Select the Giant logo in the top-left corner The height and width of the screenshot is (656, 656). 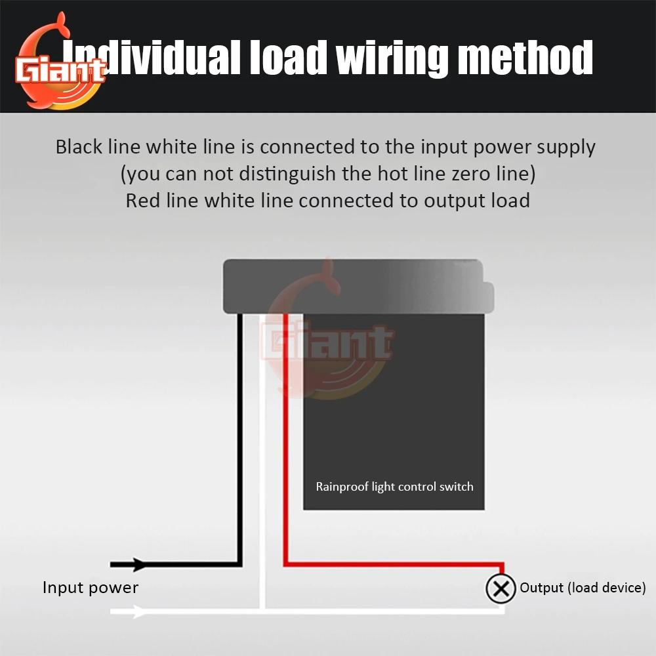point(61,62)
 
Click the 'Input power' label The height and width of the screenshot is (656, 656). point(91,587)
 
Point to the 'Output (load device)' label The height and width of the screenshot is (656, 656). point(583,587)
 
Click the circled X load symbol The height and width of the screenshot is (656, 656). point(501,588)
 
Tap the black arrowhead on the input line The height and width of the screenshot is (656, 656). point(139,564)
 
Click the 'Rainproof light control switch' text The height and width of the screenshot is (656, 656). point(394,486)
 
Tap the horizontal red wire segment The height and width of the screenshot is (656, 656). point(394,564)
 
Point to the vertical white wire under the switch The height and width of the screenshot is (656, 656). point(262,459)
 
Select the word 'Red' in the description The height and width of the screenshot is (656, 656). point(142,200)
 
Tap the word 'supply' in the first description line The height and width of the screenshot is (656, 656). point(566,148)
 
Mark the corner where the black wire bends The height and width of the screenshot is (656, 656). point(240,564)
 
